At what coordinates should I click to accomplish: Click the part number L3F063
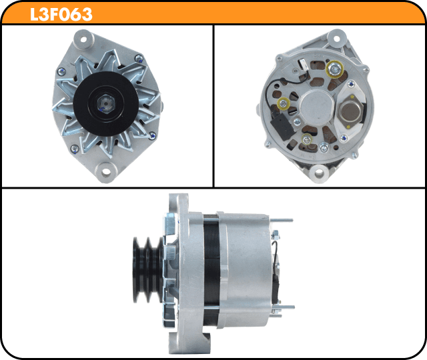pyautogui.click(x=61, y=14)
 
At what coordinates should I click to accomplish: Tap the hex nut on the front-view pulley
pyautogui.click(x=106, y=104)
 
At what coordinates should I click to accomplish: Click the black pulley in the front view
pyautogui.click(x=106, y=104)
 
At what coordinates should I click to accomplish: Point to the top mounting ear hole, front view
pyautogui.click(x=83, y=39)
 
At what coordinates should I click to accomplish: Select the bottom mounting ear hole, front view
pyautogui.click(x=106, y=172)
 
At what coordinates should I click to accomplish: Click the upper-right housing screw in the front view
pyautogui.click(x=139, y=58)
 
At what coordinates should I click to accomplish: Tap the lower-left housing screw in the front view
pyautogui.click(x=74, y=149)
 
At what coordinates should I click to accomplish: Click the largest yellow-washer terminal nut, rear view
pyautogui.click(x=334, y=69)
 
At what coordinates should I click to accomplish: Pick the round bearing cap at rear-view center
pyautogui.click(x=317, y=107)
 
